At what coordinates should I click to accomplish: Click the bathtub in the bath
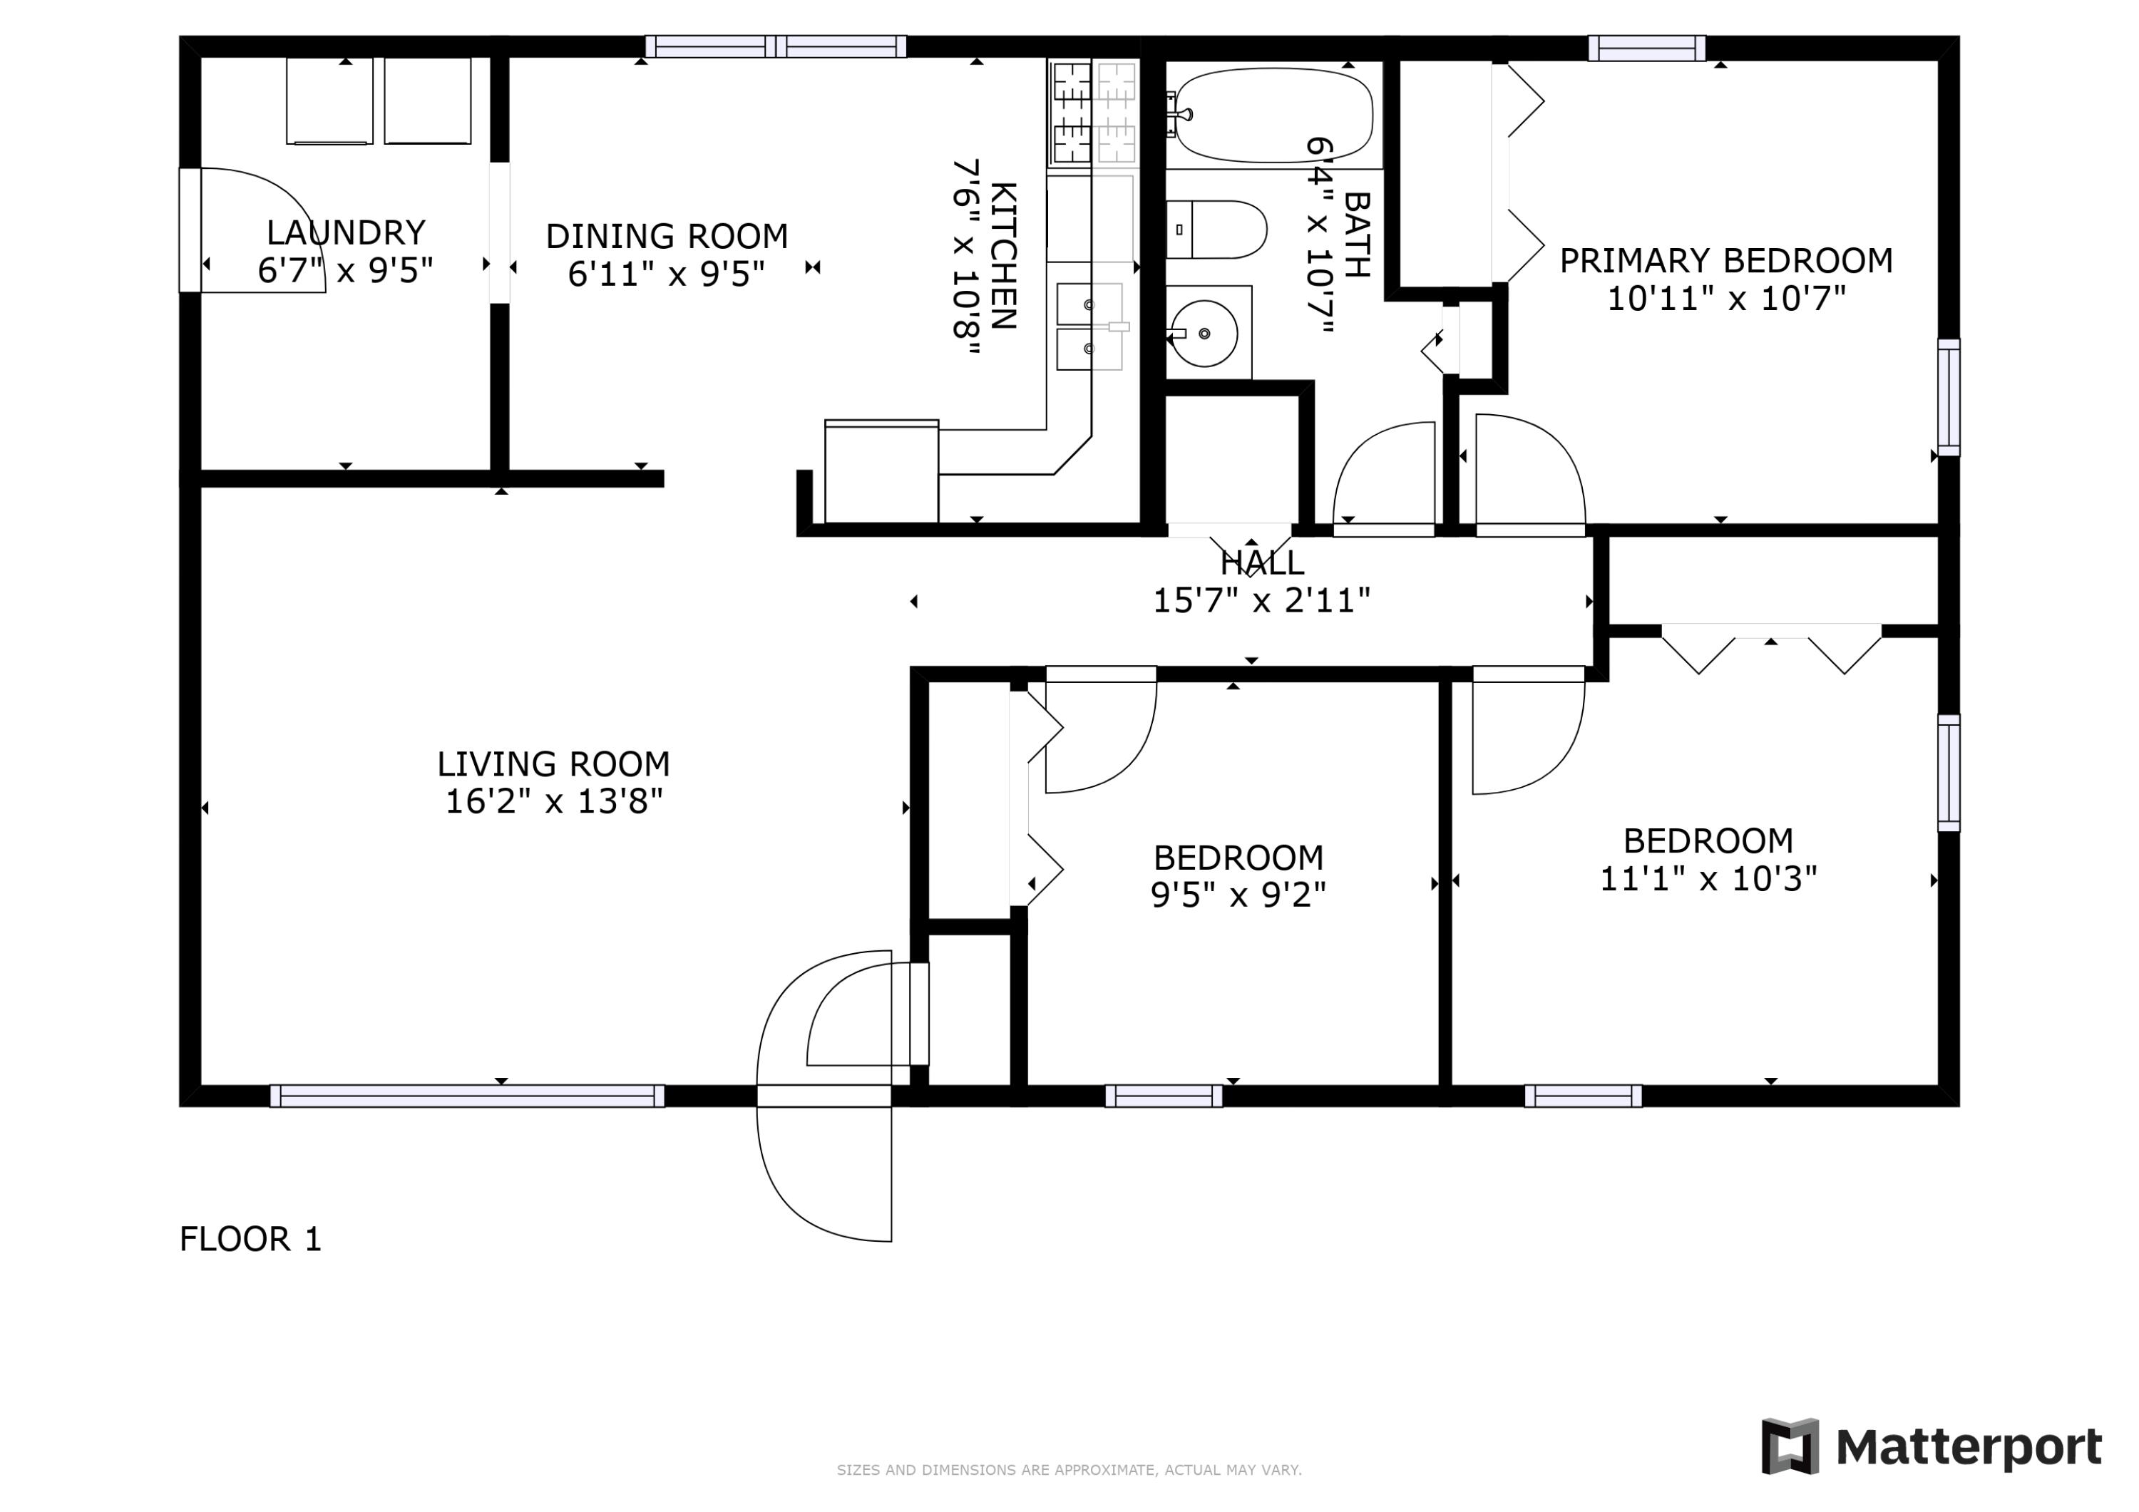pos(1273,116)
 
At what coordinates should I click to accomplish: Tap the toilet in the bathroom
pos(1216,229)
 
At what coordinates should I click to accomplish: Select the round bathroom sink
pos(1204,333)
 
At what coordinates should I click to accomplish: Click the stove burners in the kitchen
pos(1094,113)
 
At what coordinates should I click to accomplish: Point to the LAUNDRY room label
pos(346,232)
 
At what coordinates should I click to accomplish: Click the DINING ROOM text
pos(667,237)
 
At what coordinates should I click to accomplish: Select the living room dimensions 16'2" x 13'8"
pos(554,801)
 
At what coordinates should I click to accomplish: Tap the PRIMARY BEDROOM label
pos(1726,261)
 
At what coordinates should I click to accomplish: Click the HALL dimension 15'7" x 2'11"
pos(1261,601)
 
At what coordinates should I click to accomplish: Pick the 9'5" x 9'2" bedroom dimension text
pos(1238,895)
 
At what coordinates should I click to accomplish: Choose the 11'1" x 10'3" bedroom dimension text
pos(1708,878)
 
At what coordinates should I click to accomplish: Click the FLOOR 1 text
pos(250,1239)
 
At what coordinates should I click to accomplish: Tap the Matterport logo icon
pos(1790,1447)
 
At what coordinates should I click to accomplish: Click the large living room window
pos(467,1096)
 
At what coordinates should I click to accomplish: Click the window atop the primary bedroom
pos(1647,48)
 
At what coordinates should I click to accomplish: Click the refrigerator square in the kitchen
pos(881,471)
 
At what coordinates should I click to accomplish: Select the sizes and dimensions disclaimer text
pos(1069,1470)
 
